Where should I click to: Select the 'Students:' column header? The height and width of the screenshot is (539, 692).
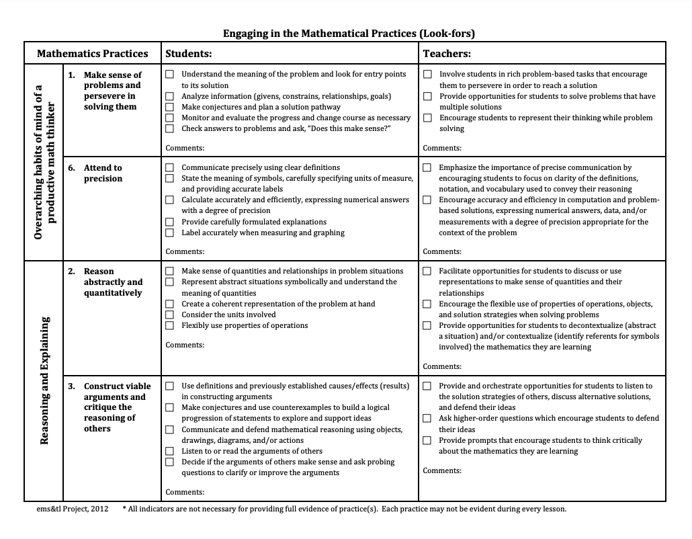[189, 54]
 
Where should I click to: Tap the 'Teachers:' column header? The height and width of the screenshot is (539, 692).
[446, 54]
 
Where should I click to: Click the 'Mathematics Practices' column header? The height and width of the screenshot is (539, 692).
[93, 54]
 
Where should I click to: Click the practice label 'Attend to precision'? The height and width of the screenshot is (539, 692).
[103, 173]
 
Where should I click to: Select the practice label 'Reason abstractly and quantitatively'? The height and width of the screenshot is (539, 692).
[113, 282]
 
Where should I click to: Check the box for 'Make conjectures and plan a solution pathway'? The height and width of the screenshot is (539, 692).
[170, 107]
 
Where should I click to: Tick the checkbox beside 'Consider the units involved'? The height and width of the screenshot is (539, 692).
[170, 315]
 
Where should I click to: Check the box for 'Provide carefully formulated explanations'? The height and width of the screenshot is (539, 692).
[170, 222]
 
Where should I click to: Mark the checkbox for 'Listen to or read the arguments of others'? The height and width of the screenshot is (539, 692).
[170, 451]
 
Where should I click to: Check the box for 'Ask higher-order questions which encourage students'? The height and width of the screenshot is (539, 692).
[427, 418]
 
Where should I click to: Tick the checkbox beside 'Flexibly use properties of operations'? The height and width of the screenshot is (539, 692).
[170, 325]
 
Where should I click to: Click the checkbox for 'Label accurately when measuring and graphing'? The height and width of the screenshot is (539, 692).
[170, 233]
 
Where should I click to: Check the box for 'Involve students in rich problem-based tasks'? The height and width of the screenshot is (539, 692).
[427, 75]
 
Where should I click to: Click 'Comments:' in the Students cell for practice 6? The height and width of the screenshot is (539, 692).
[185, 251]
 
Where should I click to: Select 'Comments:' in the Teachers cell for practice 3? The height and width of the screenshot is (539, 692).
[442, 470]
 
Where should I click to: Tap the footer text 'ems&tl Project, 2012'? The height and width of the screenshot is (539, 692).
[72, 509]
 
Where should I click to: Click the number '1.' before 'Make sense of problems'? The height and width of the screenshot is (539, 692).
[71, 75]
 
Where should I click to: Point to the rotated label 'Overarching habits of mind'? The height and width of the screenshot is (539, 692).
[45, 162]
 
